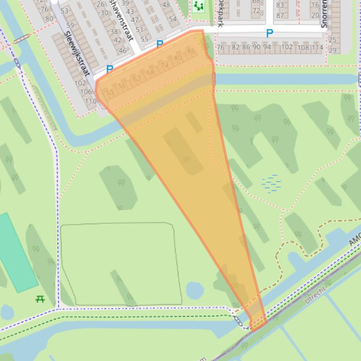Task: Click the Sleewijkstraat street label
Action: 77,53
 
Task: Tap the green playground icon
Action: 199,6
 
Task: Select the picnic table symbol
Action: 40,299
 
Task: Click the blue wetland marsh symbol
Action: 271,183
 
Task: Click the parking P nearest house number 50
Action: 109,69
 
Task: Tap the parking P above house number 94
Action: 269,33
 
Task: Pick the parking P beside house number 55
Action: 160,45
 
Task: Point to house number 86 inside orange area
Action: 191,51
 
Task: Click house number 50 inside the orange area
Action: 109,93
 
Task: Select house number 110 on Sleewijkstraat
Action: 90,101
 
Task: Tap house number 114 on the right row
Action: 317,47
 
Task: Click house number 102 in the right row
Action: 287,47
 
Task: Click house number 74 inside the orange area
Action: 164,66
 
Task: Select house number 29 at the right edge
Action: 332,50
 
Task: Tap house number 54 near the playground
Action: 173,19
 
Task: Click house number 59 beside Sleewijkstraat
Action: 70,25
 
